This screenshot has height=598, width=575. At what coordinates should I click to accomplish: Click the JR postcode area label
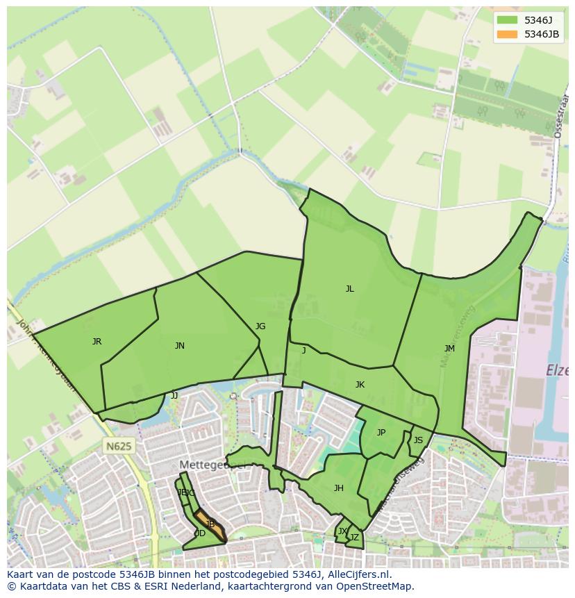pyautogui.click(x=97, y=341)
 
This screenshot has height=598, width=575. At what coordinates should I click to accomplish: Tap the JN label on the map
pyautogui.click(x=179, y=345)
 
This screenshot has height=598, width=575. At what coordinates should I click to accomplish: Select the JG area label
pyautogui.click(x=260, y=326)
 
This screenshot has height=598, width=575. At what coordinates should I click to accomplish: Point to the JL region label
pyautogui.click(x=349, y=289)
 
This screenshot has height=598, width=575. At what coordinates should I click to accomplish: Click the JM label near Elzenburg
pyautogui.click(x=449, y=348)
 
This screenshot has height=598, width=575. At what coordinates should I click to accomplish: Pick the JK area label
pyautogui.click(x=360, y=385)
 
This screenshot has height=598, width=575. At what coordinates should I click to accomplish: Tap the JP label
pyautogui.click(x=381, y=433)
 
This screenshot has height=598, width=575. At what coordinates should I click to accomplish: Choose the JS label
pyautogui.click(x=418, y=440)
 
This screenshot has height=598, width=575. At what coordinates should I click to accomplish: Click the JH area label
pyautogui.click(x=338, y=488)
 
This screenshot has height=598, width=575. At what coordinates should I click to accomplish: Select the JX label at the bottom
pyautogui.click(x=342, y=531)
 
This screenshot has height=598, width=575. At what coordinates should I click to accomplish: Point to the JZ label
pyautogui.click(x=354, y=537)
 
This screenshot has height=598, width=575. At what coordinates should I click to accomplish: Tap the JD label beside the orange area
pyautogui.click(x=199, y=533)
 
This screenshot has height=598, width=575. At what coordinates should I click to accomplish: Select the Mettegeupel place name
pyautogui.click(x=212, y=465)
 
